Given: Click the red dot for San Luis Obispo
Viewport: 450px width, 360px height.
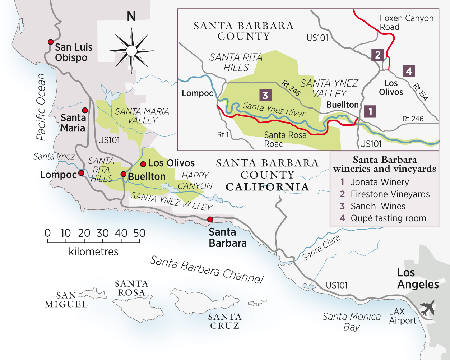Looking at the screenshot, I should pos(51,42).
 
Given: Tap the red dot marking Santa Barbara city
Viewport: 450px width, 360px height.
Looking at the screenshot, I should pos(210,219).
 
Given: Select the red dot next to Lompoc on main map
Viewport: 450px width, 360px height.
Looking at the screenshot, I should pos(81,173).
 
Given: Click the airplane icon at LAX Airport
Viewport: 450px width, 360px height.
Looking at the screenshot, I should pos(427,308).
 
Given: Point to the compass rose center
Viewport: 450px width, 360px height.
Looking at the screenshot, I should pos(131,51).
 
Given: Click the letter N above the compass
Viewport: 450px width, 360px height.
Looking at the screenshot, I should pos(131,17).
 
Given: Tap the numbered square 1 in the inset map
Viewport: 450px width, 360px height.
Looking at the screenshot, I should pos(370,111).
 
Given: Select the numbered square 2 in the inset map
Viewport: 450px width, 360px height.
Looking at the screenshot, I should pos(377,55).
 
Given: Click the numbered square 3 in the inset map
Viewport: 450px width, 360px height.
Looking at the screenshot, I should pos(265,95).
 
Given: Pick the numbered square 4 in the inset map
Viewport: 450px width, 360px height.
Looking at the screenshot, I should pos(409,71).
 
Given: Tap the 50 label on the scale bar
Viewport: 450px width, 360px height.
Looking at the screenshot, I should pos(139,233).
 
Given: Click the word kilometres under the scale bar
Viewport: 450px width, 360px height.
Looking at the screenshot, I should pos(93,251).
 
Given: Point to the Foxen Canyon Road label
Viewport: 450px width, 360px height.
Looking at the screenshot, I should pos(406,23).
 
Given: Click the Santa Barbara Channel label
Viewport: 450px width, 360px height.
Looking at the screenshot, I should pos(207,269).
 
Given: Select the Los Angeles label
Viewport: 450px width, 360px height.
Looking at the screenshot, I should pos(418,278).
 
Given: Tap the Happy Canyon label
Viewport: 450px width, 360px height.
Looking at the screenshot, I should pos(195,180).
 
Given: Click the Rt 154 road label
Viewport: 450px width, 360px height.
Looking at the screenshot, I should pos(420,92).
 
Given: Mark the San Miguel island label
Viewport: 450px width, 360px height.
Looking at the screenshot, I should pos(66,300).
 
